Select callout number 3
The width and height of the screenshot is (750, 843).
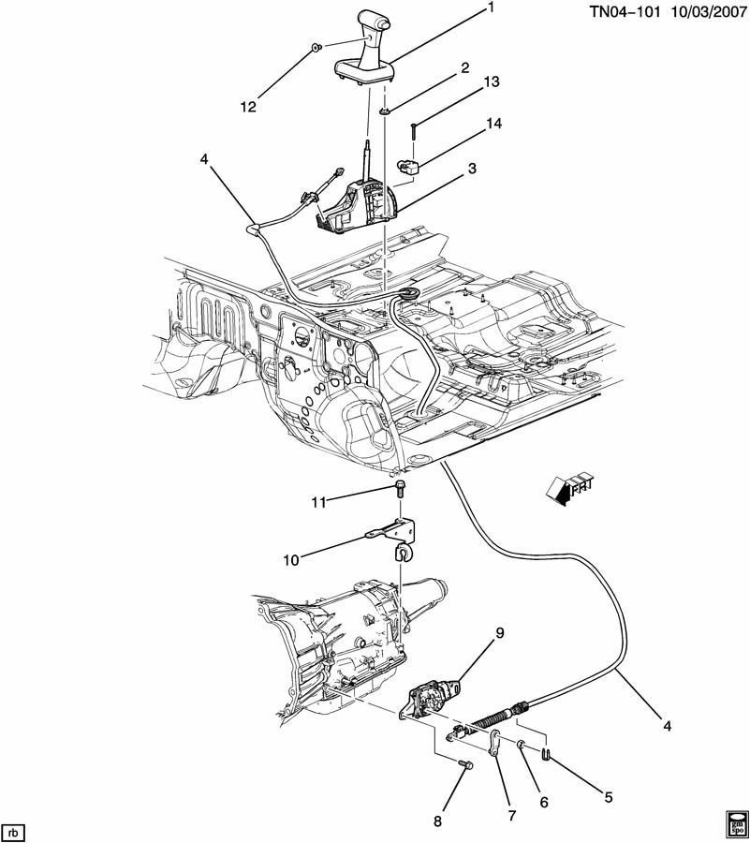(x=473, y=168)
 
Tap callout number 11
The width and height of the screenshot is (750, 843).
(x=318, y=503)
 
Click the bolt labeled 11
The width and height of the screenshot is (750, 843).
(x=400, y=487)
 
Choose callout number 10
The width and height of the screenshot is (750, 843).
(x=290, y=561)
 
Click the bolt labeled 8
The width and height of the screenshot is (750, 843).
(x=466, y=763)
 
